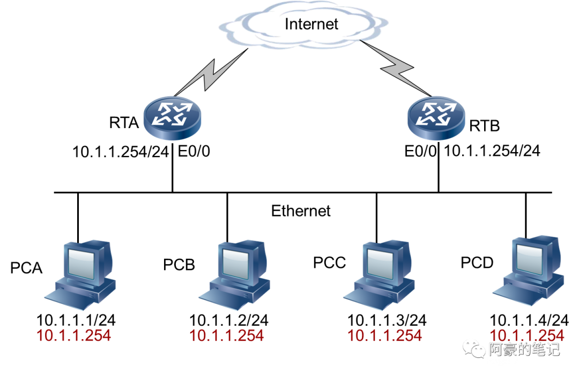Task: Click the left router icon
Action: (173, 118)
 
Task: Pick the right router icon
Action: (436, 118)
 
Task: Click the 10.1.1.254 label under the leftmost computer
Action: (73, 336)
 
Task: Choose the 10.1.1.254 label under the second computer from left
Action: (226, 336)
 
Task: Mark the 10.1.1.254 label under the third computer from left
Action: (384, 336)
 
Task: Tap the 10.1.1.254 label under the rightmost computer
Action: (526, 335)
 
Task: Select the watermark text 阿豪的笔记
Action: (524, 349)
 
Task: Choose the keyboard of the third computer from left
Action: (362, 300)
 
